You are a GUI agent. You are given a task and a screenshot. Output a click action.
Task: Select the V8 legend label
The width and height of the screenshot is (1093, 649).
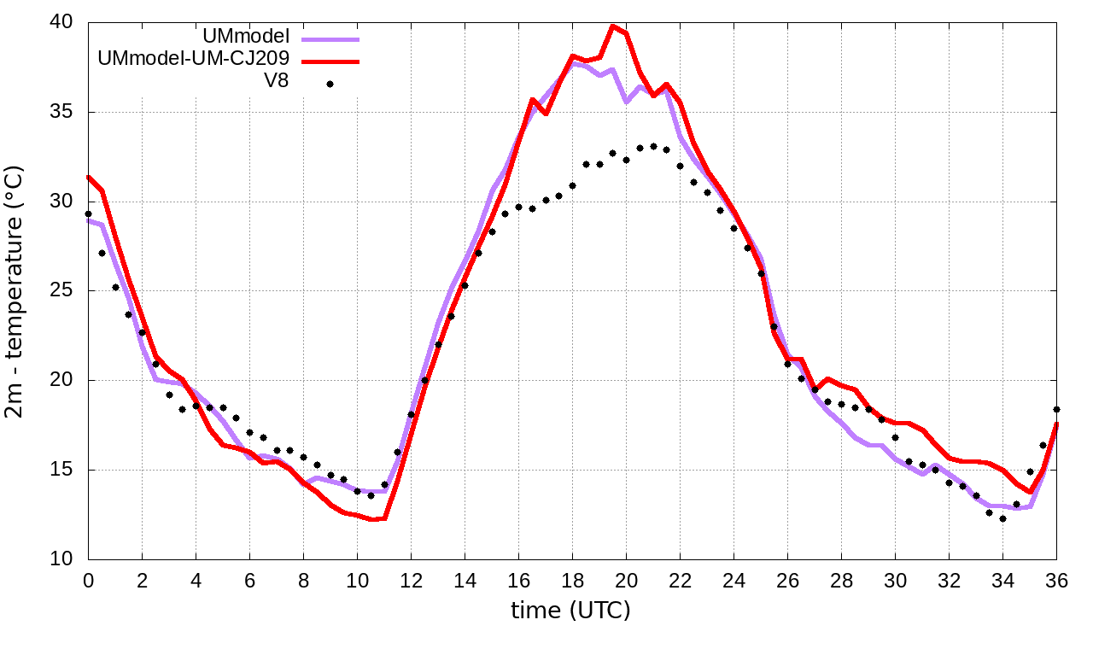click(277, 82)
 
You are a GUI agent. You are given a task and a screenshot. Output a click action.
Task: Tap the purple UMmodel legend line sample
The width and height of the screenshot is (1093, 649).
click(330, 38)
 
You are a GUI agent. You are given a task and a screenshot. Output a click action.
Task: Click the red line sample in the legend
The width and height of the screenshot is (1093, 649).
click(330, 61)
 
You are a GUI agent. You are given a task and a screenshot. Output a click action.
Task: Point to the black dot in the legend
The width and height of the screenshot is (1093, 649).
click(330, 84)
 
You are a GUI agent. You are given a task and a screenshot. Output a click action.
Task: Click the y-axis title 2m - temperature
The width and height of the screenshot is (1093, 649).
click(16, 291)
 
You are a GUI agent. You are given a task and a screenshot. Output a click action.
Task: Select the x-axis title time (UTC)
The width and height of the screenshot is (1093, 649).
click(570, 611)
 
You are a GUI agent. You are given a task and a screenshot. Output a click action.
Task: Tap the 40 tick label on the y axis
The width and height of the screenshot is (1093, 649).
click(61, 22)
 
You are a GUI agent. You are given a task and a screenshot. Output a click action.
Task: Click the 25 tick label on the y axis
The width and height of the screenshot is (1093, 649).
click(61, 291)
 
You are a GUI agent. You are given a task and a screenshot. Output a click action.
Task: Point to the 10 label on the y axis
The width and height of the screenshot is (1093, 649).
click(61, 559)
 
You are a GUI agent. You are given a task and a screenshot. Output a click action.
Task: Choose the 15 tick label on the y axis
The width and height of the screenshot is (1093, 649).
click(61, 471)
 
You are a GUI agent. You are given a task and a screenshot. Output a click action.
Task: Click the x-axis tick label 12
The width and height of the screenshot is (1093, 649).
click(411, 580)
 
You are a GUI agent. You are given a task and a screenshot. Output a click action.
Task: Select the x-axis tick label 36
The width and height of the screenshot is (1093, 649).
click(1057, 580)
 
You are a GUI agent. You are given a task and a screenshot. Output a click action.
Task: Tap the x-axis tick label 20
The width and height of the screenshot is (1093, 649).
click(626, 580)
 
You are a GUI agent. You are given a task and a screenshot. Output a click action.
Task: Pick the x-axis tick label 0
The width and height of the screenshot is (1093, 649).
click(88, 580)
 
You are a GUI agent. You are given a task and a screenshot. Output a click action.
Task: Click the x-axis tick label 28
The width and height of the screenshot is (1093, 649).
click(842, 580)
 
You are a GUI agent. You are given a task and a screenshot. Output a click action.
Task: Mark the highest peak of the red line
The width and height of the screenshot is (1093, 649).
click(612, 26)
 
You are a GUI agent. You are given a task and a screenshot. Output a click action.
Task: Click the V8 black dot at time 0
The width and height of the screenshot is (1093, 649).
click(88, 213)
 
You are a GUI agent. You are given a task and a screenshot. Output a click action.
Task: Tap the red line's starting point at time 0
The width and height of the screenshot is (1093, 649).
click(88, 177)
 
